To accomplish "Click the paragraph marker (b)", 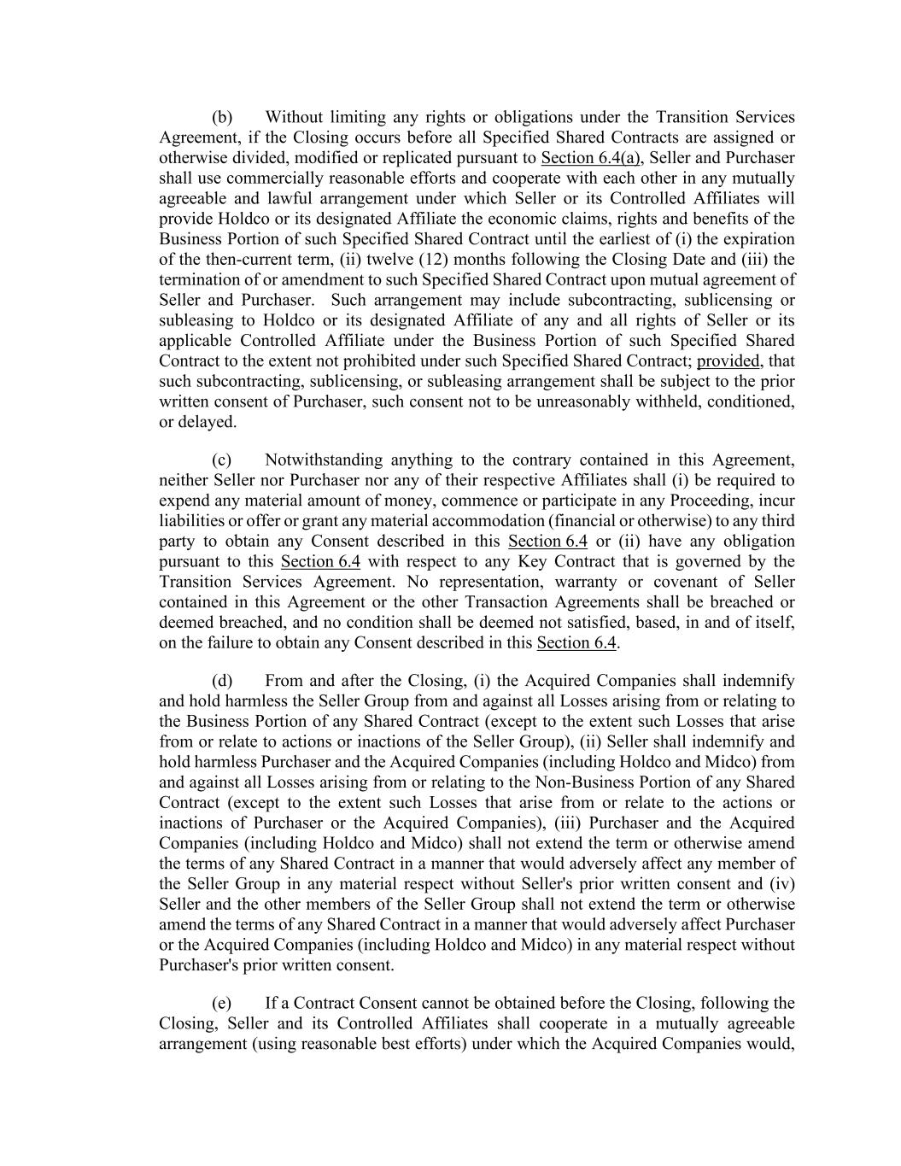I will (x=222, y=117).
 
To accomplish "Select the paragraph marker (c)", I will (x=222, y=460).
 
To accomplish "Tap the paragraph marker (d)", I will (x=222, y=681).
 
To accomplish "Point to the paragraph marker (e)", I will (x=222, y=1003).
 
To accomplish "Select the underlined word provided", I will (x=728, y=361).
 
